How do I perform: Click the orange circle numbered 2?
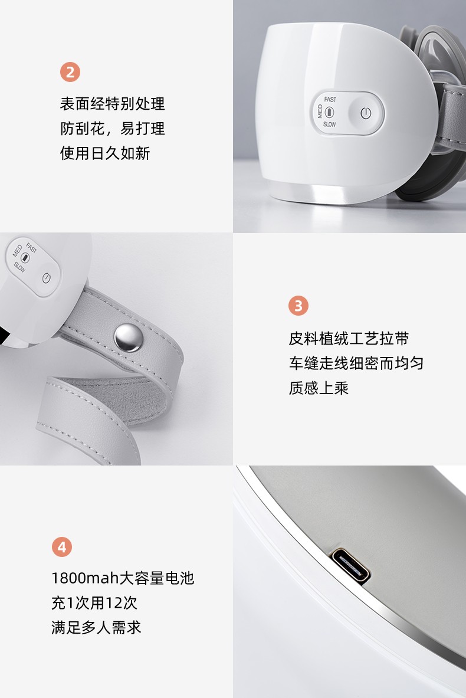[70, 72]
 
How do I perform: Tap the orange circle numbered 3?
[298, 306]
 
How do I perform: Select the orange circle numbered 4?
[62, 546]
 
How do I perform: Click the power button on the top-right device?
[366, 113]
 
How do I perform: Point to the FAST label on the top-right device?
[330, 99]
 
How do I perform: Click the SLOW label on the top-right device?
[329, 124]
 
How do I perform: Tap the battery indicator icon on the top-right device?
[329, 112]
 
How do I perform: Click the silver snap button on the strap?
[128, 337]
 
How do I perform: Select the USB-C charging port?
[351, 567]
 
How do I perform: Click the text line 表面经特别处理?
[113, 104]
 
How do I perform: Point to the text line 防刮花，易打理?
[113, 129]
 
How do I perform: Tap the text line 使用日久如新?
[105, 153]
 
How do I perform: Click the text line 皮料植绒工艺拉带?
[349, 338]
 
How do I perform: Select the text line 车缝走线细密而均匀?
[356, 363]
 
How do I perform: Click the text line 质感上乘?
[319, 388]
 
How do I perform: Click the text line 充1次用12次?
[94, 603]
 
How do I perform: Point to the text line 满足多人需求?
[97, 627]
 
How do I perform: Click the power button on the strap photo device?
[46, 278]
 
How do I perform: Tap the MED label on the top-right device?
[320, 112]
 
